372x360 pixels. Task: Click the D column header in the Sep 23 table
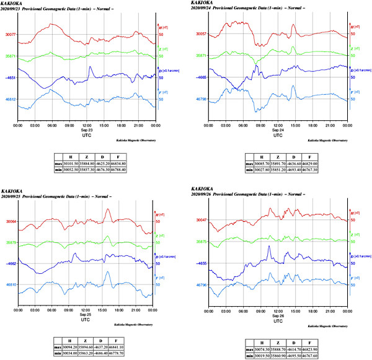[x=123, y=157]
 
